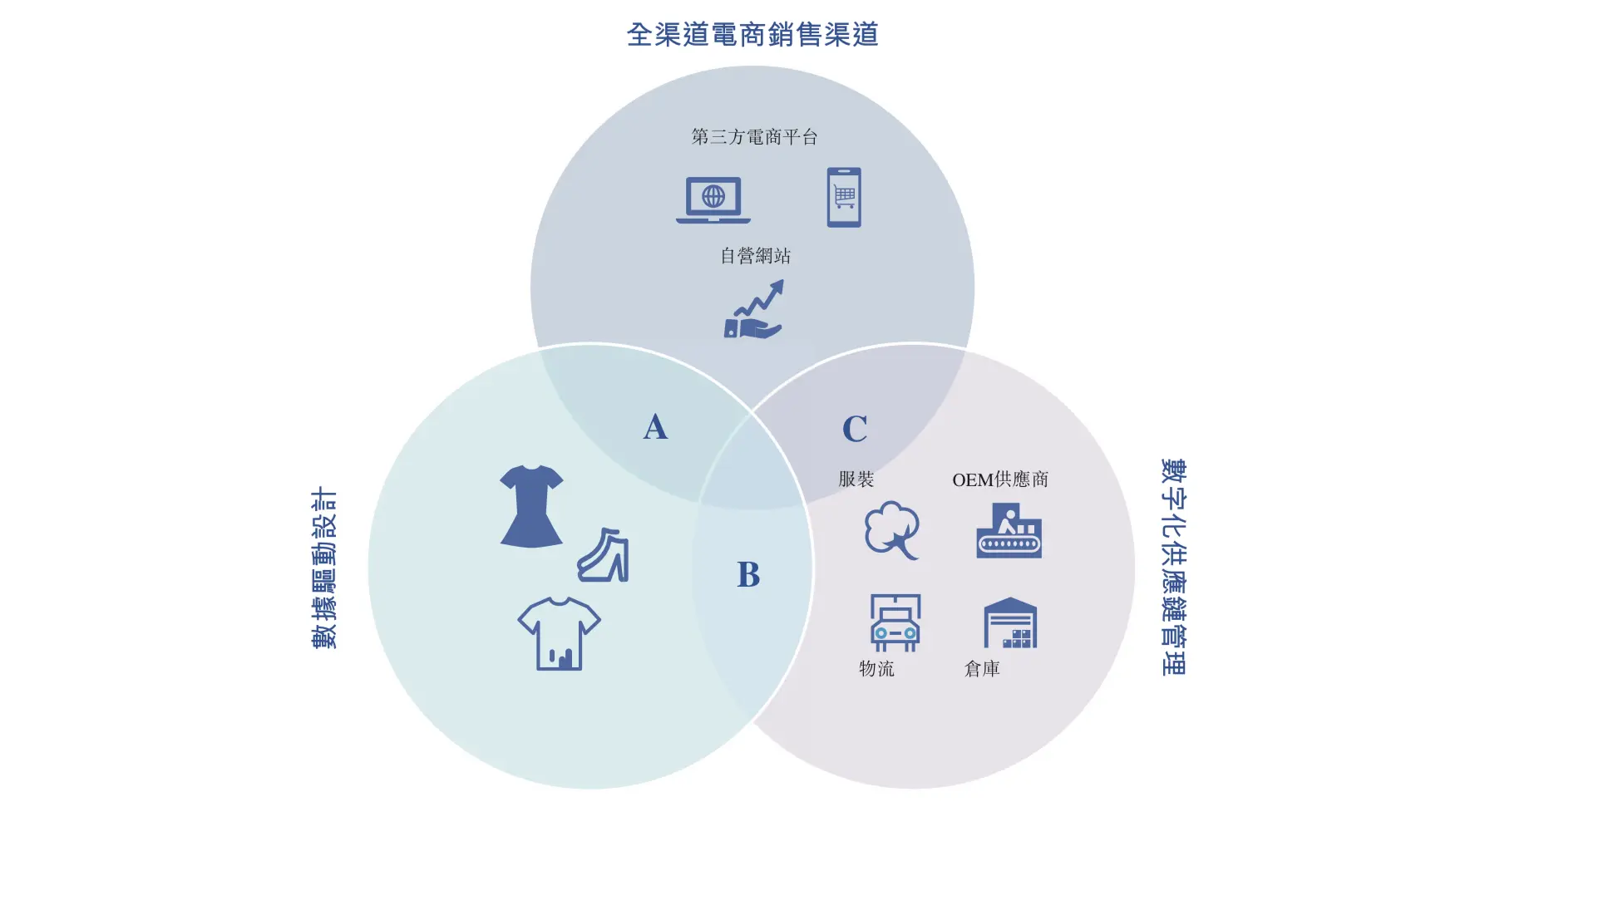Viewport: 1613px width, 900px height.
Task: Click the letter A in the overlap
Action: (655, 427)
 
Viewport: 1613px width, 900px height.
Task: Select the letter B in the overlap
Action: (748, 574)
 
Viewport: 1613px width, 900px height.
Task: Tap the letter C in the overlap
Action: (855, 429)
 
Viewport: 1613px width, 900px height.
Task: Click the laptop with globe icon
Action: (713, 199)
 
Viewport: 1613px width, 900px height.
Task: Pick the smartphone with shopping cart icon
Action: (844, 197)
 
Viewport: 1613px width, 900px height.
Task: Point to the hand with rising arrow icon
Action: (754, 310)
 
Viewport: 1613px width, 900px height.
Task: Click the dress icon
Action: (531, 506)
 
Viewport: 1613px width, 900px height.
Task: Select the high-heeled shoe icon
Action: (604, 555)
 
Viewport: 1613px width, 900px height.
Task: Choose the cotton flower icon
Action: (892, 530)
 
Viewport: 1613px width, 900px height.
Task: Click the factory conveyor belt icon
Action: (1009, 531)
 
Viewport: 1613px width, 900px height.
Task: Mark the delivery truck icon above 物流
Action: (895, 622)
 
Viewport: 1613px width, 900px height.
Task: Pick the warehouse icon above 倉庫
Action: (1010, 623)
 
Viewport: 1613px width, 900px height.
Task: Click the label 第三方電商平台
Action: (754, 136)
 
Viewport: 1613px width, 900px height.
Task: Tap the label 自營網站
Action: (755, 256)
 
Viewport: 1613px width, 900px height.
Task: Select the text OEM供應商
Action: (1000, 480)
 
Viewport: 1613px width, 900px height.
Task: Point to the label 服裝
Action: (856, 479)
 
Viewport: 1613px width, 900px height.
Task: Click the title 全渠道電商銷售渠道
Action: (752, 34)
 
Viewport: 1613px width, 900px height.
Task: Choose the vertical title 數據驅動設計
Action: (324, 568)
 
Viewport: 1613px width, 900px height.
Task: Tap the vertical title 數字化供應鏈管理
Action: (1173, 567)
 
